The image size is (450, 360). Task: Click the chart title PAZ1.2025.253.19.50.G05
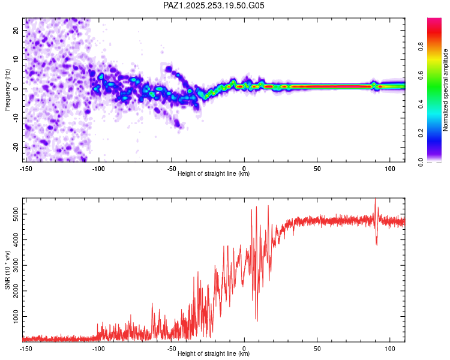click(214, 5)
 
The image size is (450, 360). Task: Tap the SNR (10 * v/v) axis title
click(7, 270)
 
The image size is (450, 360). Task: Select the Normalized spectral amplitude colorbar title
click(446, 90)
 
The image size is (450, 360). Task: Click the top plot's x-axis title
click(214, 173)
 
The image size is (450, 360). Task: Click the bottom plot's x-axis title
click(214, 353)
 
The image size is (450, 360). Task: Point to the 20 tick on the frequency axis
click(16, 30)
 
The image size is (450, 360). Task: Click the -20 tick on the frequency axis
click(15, 147)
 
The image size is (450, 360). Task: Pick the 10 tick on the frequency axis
click(16, 59)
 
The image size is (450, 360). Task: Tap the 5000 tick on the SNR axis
click(13, 214)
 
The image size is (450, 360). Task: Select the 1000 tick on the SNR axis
click(13, 316)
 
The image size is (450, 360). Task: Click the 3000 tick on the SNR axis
click(13, 265)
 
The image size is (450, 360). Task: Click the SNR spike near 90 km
click(375, 200)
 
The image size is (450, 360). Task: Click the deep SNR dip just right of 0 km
click(257, 320)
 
